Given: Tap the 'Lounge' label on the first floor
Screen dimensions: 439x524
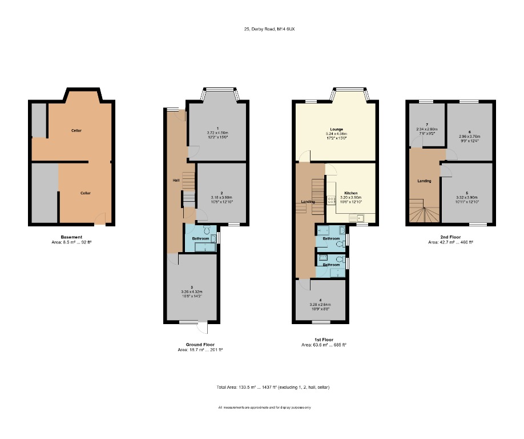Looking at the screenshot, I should [x=336, y=130].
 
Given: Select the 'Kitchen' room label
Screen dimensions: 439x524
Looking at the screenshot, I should [x=351, y=193].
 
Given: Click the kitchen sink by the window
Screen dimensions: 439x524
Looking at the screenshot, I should [x=360, y=217].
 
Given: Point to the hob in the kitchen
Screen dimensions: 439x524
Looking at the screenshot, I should [x=330, y=201].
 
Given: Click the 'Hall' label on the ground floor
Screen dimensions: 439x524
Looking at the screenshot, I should [x=176, y=181].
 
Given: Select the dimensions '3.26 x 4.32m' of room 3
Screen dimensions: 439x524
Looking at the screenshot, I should [x=192, y=292].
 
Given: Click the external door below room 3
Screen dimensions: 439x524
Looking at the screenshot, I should [x=202, y=327].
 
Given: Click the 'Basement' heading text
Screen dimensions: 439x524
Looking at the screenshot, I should [x=71, y=237].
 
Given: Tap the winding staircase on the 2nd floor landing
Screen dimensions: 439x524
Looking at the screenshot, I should [x=422, y=214].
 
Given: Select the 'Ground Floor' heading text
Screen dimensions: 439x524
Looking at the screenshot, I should [x=200, y=345].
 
